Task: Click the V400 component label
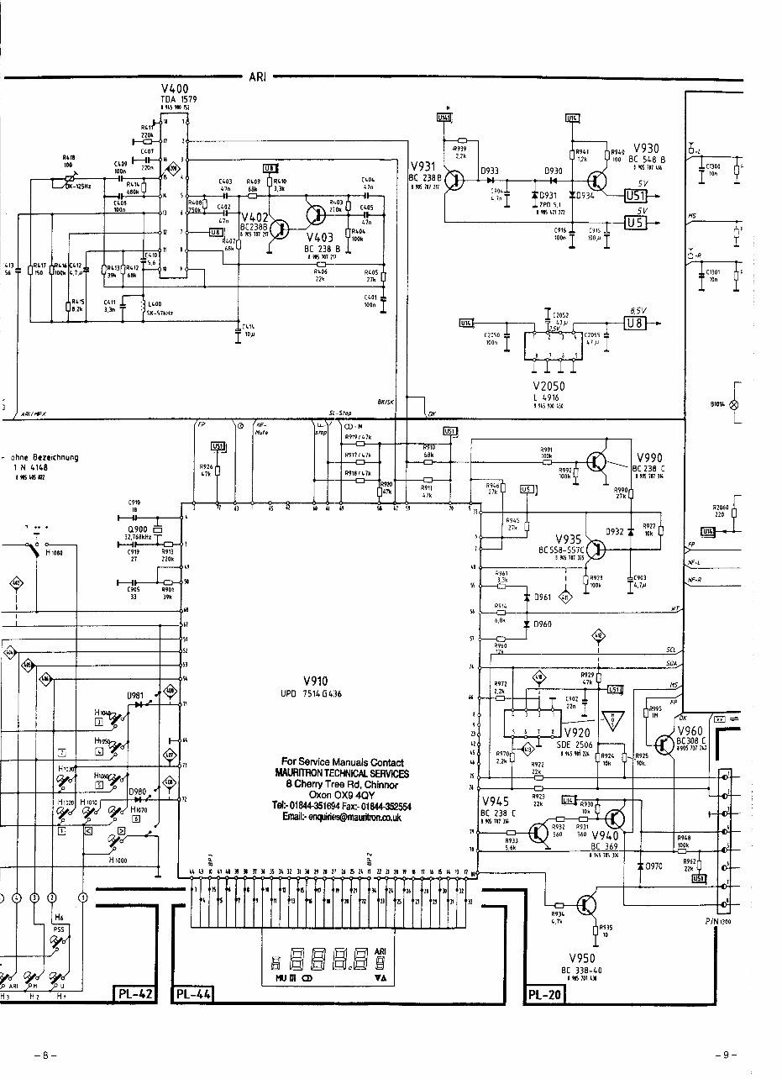click(x=175, y=89)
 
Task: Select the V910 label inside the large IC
click(x=320, y=682)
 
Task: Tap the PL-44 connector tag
click(x=193, y=996)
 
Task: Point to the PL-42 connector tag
click(x=134, y=996)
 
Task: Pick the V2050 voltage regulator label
click(x=548, y=386)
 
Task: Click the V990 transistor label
click(x=649, y=457)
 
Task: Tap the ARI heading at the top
click(x=256, y=77)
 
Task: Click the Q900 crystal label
click(x=137, y=529)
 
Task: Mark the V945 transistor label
click(x=495, y=802)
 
